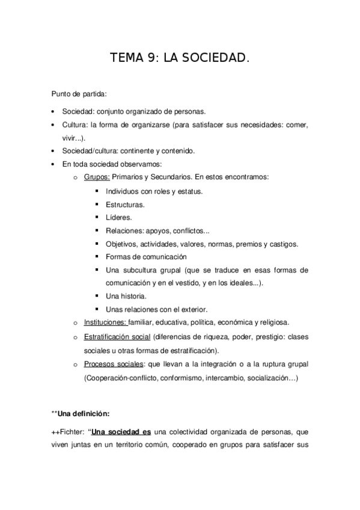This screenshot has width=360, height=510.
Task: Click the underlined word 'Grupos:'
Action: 97,177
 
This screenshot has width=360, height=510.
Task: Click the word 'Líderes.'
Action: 118,218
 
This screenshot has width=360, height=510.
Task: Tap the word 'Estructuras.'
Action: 125,204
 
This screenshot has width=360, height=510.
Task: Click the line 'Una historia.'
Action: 126,296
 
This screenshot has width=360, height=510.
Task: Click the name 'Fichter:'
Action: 72,432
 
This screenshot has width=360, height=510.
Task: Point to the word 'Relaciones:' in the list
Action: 124,231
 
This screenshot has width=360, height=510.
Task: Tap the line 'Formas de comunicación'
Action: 142,257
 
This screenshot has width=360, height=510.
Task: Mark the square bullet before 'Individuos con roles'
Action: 97,191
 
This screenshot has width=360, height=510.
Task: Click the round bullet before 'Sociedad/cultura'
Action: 53,151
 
